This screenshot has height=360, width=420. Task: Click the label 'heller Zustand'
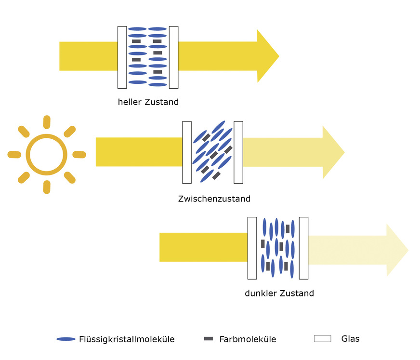(148, 102)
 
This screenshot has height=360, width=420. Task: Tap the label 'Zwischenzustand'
(214, 199)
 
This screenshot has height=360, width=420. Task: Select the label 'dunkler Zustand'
(279, 293)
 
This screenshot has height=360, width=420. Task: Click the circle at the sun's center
(46, 155)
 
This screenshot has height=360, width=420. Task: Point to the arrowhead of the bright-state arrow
(267, 56)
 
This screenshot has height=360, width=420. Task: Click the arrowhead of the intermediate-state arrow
(333, 152)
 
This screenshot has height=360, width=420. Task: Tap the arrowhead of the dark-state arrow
(397, 250)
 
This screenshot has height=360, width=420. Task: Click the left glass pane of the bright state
(122, 57)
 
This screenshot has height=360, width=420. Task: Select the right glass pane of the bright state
(173, 57)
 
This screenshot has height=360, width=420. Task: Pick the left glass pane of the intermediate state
(187, 152)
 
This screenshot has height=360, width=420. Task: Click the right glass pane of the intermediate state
(238, 152)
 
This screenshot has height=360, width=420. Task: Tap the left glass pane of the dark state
(252, 248)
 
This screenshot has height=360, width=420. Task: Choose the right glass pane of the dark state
(303, 248)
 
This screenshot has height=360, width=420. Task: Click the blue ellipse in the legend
(66, 339)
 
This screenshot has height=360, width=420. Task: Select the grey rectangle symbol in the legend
(208, 339)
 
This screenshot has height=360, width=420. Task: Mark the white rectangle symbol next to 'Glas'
(322, 339)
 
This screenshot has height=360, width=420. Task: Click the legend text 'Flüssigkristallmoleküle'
(127, 339)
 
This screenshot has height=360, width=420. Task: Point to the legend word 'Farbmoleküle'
(248, 339)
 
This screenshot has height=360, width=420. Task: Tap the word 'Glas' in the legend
(350, 339)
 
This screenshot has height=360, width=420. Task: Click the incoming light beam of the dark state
(203, 247)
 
